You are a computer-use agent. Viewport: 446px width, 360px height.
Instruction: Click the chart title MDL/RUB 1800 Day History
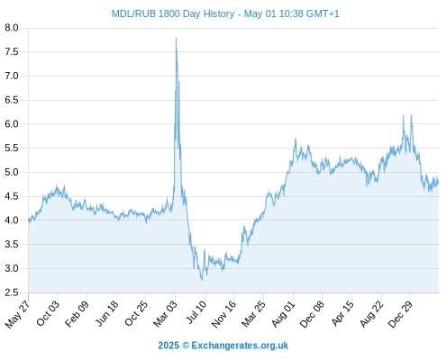click(173, 13)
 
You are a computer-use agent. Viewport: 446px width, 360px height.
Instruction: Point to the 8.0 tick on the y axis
click(12, 28)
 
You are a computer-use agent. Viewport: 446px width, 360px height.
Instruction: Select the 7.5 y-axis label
click(12, 52)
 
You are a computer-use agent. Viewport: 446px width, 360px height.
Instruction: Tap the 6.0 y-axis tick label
click(12, 124)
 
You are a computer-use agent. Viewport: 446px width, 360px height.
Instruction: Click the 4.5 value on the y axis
click(12, 196)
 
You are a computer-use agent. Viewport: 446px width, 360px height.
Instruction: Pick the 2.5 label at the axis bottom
click(12, 292)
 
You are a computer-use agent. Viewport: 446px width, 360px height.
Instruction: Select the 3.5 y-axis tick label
click(12, 245)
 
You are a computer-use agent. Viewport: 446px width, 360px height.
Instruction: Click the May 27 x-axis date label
click(17, 314)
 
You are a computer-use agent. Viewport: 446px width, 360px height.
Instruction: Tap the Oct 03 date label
click(48, 313)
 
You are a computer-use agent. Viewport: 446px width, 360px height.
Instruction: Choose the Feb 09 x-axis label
click(77, 313)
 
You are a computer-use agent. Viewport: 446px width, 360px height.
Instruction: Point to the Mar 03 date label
click(166, 313)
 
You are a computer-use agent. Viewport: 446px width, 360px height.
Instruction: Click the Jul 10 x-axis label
click(196, 312)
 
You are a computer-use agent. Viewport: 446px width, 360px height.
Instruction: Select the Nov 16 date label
click(223, 314)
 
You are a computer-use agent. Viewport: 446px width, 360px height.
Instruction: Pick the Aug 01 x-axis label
click(284, 314)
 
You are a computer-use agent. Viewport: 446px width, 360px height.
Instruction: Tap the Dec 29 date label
click(401, 314)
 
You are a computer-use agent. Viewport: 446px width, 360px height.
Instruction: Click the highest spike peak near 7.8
click(176, 38)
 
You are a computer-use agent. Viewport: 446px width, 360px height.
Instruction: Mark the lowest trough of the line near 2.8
click(202, 280)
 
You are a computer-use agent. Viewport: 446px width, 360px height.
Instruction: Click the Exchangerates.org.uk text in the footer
click(240, 346)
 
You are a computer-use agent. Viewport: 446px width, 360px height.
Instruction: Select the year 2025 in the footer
click(168, 346)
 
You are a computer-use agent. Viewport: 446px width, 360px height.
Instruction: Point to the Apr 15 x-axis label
click(342, 313)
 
